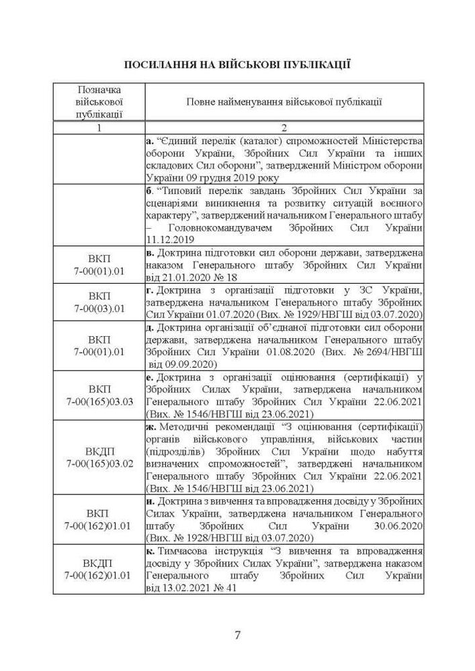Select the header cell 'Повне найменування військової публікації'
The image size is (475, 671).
(284, 103)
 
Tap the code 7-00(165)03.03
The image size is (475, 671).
(99, 401)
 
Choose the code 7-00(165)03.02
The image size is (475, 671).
(99, 464)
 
